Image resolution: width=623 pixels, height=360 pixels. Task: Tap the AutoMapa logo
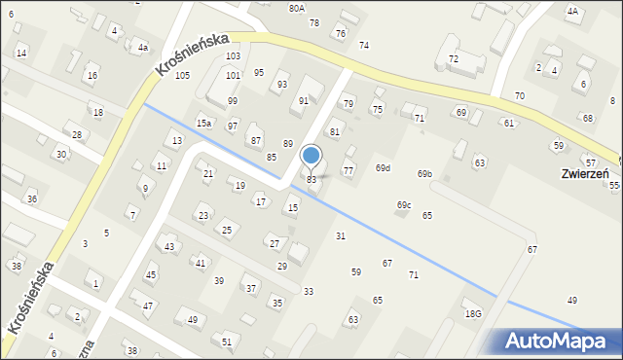[x=561, y=341]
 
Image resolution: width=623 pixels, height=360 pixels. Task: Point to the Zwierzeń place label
[x=585, y=174]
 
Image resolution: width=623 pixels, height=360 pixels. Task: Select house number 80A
[x=297, y=8]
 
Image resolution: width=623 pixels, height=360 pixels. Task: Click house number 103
[x=233, y=57]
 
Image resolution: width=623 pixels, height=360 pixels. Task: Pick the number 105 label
[x=182, y=76]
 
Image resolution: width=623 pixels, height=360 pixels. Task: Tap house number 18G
[x=473, y=313]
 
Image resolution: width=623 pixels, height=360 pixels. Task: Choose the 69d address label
[x=383, y=168]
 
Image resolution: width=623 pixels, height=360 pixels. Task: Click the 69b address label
[x=424, y=174]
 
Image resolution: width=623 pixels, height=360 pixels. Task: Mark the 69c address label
[x=404, y=204]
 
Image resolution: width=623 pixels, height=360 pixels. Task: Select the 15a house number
[x=203, y=124]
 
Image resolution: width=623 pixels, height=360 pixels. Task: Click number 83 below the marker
[x=311, y=180]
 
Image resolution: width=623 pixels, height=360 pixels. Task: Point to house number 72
[x=453, y=59]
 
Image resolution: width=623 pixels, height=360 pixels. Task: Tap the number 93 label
[x=281, y=85]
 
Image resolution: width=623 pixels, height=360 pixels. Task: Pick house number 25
[x=227, y=230]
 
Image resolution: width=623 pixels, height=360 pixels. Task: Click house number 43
[x=169, y=247]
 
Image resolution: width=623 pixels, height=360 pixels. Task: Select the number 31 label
[x=341, y=236]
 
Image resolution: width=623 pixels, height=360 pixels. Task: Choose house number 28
[x=77, y=134]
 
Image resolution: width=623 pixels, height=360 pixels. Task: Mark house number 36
[x=32, y=199]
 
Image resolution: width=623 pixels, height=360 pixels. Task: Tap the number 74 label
[x=364, y=46]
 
